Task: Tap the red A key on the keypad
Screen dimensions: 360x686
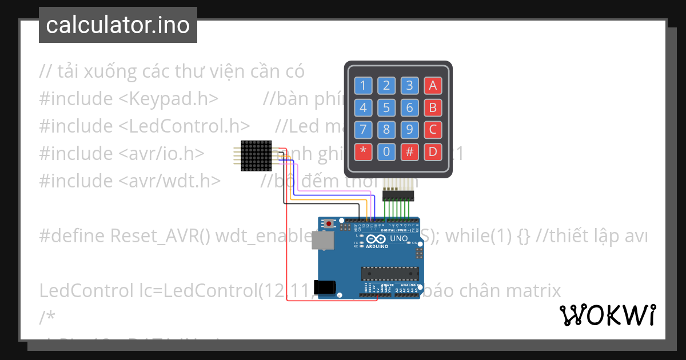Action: pyautogui.click(x=433, y=86)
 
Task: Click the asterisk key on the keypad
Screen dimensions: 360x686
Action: pyautogui.click(x=363, y=152)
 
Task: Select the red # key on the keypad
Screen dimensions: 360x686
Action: pyautogui.click(x=409, y=152)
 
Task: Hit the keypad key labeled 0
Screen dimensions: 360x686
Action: pyautogui.click(x=386, y=152)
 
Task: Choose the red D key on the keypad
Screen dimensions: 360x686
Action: pyautogui.click(x=433, y=152)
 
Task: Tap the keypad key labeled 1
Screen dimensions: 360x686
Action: pyautogui.click(x=363, y=86)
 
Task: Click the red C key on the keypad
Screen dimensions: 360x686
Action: pyautogui.click(x=433, y=130)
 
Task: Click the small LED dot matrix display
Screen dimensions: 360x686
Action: pyautogui.click(x=256, y=154)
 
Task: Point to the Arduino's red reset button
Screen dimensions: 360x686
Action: pyautogui.click(x=328, y=223)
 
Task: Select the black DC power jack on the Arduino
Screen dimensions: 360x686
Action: pyautogui.click(x=325, y=287)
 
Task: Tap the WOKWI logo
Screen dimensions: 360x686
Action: pyautogui.click(x=607, y=315)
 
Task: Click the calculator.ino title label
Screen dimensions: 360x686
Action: pyautogui.click(x=118, y=25)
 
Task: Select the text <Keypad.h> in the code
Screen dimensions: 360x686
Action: pyautogui.click(x=169, y=99)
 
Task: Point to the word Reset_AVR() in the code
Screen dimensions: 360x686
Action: pyautogui.click(x=160, y=236)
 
